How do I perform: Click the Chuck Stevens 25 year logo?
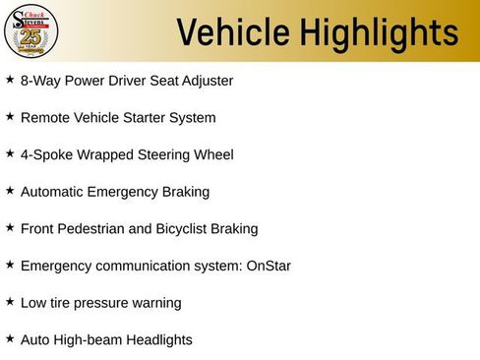[x=31, y=30]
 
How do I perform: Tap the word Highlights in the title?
[x=375, y=31]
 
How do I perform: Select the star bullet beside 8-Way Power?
[x=10, y=79]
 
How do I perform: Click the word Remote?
[x=45, y=118]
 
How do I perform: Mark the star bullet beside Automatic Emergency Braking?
[x=10, y=190]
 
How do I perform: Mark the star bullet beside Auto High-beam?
[x=10, y=338]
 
